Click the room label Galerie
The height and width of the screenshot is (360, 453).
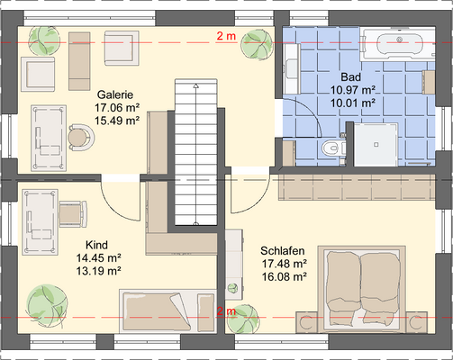coord(115,94)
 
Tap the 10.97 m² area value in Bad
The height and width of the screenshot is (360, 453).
coord(353,90)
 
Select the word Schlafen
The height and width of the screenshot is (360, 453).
coord(282,250)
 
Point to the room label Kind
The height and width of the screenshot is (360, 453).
coord(96,245)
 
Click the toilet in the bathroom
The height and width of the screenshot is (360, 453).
coord(332,148)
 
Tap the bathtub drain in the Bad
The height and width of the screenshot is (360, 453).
coord(399,40)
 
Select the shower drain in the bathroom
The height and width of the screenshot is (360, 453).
coord(376,145)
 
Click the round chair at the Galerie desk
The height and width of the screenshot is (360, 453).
coord(80,138)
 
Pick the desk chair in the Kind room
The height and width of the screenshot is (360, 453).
coord(73,213)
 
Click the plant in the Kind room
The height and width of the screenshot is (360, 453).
coord(47,303)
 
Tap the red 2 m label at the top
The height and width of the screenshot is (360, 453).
coord(226,36)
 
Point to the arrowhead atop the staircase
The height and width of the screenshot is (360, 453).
coord(196,86)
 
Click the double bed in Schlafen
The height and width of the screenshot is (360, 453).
coord(362,289)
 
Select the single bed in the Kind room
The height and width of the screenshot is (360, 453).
coord(168,310)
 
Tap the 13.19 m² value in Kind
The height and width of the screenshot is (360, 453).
coord(98,271)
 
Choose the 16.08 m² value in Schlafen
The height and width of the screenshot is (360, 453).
coord(284,276)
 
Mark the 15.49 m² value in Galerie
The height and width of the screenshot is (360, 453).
coord(117,121)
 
